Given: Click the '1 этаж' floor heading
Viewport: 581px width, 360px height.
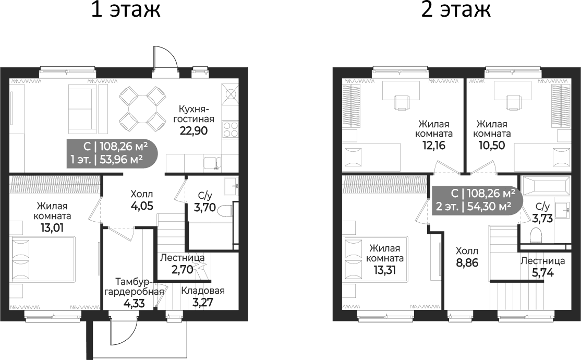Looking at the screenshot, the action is (x=126, y=10).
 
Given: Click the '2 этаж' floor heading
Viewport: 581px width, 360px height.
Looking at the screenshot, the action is (x=456, y=10).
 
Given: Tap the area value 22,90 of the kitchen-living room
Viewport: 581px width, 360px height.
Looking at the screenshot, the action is (x=194, y=131).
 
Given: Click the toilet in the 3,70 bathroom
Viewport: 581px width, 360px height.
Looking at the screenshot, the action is (x=225, y=211).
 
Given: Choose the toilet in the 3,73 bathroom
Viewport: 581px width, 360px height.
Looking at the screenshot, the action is (x=536, y=235).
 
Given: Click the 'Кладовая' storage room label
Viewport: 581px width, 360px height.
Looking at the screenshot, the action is (x=203, y=290).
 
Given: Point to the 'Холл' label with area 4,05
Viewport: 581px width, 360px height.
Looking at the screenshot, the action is (x=141, y=194).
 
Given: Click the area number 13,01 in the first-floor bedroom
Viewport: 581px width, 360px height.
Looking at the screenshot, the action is (x=52, y=227).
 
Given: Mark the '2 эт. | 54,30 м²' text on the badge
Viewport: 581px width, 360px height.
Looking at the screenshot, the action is (x=474, y=206).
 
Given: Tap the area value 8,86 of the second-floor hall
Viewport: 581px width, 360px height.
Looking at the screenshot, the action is (x=467, y=263).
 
